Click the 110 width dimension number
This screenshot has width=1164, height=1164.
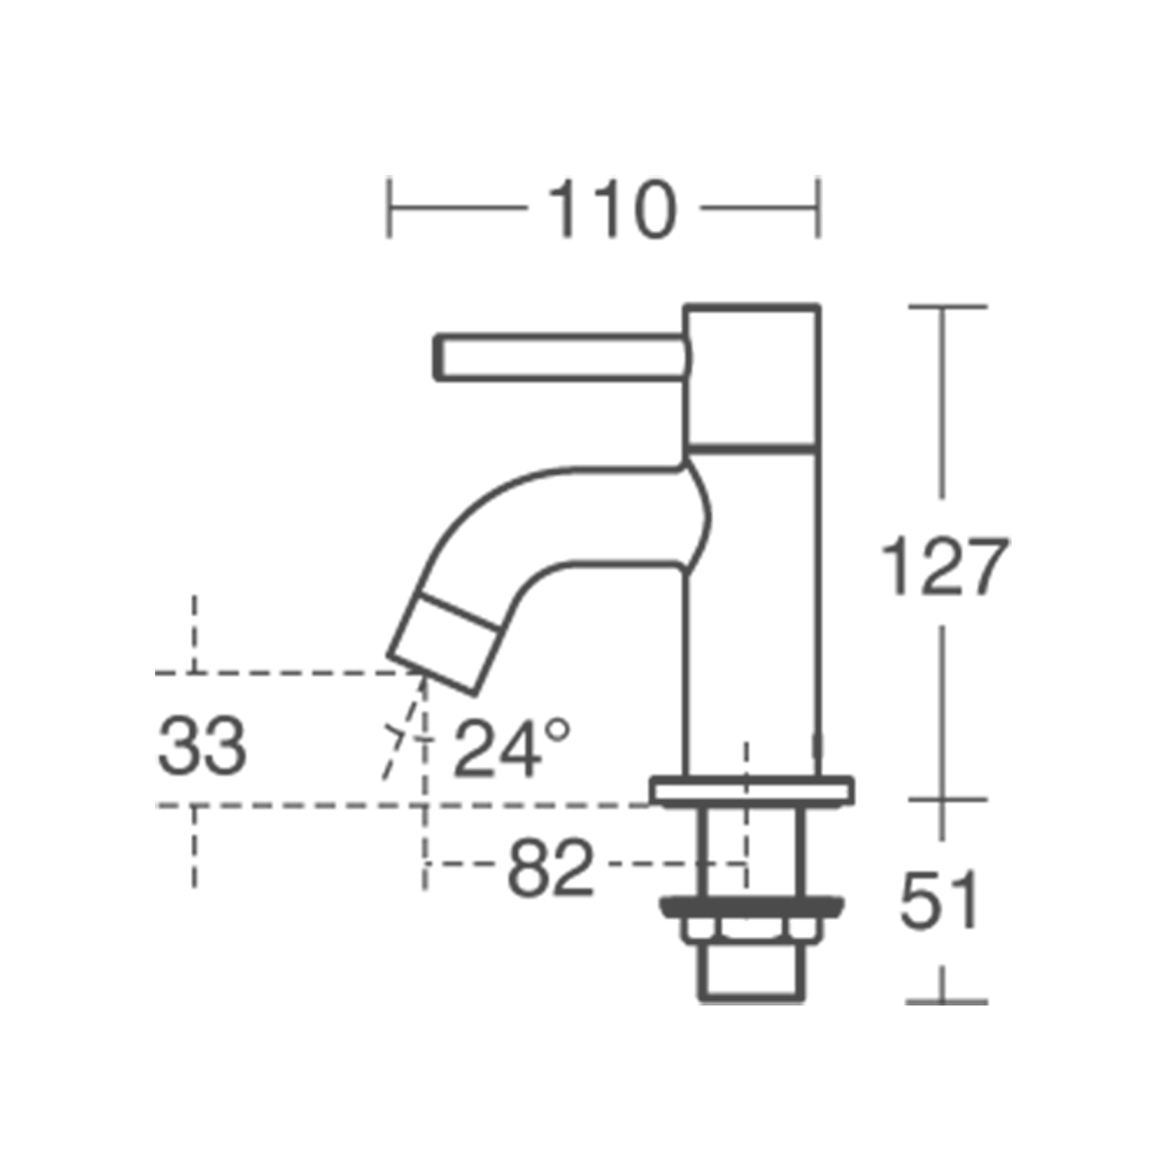(x=612, y=208)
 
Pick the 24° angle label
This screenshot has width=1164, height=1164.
(x=511, y=747)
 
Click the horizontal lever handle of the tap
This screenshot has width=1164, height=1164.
(x=560, y=358)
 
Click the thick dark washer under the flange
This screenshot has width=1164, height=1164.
(x=752, y=907)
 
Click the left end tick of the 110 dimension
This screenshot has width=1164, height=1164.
(x=389, y=208)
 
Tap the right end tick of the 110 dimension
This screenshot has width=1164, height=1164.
(x=818, y=208)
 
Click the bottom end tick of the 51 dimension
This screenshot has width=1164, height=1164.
(x=946, y=1002)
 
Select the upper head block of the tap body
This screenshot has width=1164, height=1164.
(x=752, y=377)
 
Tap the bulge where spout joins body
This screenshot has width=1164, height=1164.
(x=699, y=518)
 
